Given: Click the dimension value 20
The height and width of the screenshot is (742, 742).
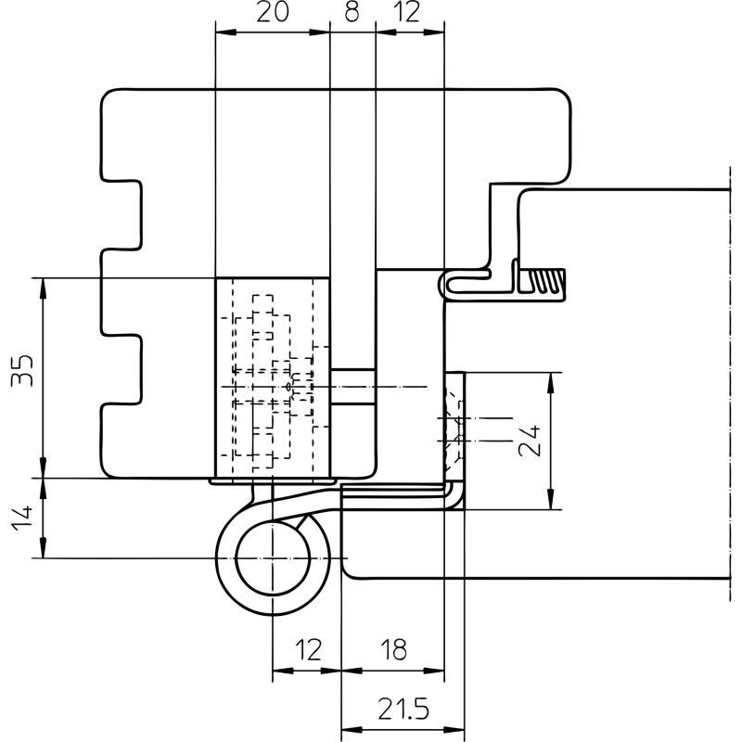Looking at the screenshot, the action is point(272,12).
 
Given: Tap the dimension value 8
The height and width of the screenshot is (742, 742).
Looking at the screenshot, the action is point(352,12).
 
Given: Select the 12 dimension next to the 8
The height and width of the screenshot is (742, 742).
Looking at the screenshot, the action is point(406,12).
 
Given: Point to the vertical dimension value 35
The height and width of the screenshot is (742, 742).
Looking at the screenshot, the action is point(22,370).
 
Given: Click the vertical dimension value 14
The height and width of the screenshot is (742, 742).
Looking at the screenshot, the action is point(22,518).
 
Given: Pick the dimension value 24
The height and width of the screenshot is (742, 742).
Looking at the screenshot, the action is point(530,441).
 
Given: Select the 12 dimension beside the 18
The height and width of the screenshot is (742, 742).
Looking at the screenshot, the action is point(308,650).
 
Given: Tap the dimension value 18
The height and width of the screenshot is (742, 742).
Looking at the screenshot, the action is point(393,650).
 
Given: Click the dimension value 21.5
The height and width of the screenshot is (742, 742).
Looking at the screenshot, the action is point(403,709).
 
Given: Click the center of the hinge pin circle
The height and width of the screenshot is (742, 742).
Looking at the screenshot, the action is point(273,558).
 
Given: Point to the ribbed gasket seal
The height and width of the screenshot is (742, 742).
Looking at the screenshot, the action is point(542,281).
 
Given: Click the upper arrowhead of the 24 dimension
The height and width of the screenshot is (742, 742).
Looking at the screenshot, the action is point(550,383).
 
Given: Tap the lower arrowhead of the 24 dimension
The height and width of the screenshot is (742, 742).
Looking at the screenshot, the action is point(550,499).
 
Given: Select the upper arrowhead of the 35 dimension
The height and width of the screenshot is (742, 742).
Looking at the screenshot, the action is point(43,288).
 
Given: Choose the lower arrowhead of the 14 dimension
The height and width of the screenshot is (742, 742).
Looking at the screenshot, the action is point(43,547).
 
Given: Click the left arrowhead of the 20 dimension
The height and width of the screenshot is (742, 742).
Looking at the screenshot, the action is point(226,32).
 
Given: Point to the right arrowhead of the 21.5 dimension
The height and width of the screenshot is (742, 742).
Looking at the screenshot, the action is point(454,729).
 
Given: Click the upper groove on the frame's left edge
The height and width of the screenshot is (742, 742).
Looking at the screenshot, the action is point(122,214).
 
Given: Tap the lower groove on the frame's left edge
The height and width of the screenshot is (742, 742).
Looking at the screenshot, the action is point(122,369).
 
